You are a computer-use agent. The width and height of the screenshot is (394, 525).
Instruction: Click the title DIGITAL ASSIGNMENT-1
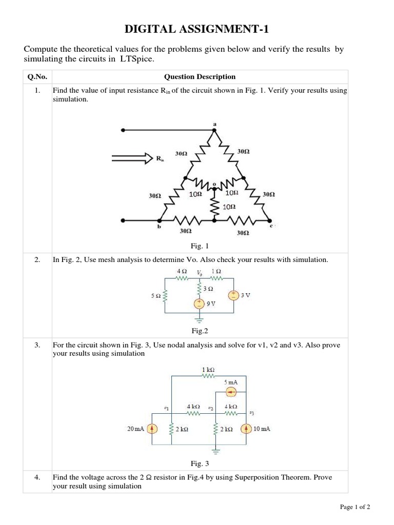coord(197,29)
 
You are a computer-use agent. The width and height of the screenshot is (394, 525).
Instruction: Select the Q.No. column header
coord(37,77)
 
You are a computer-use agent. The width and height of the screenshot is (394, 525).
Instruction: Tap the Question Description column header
coord(200,77)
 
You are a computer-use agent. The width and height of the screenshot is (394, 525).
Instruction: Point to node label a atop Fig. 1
coord(214,124)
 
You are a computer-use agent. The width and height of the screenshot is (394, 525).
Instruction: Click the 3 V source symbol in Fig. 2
coord(233,295)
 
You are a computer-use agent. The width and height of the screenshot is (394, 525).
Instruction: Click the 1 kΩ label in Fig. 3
coord(208,369)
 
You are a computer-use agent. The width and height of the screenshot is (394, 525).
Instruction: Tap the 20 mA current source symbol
coord(152,429)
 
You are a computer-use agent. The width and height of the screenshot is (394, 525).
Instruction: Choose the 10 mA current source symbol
coord(247,429)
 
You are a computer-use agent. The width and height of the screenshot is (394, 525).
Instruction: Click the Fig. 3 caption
coord(200,464)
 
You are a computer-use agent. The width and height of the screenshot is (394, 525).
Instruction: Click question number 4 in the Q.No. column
coord(37,477)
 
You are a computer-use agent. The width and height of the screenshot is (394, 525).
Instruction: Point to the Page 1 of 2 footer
coord(355,507)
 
